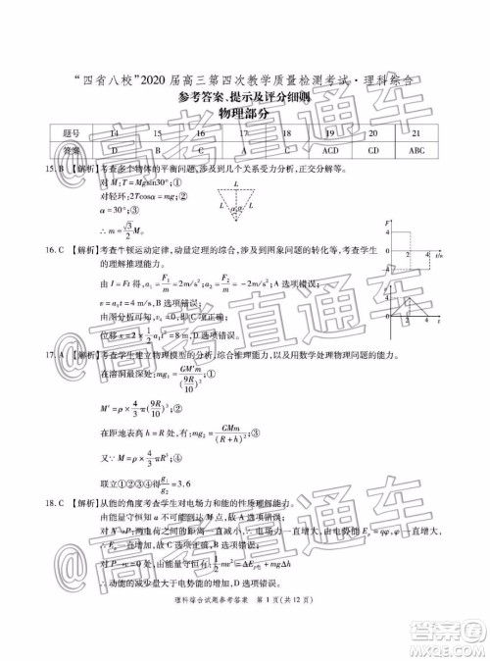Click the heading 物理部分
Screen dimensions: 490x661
(x=244, y=114)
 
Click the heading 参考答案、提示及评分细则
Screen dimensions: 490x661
(x=244, y=97)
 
